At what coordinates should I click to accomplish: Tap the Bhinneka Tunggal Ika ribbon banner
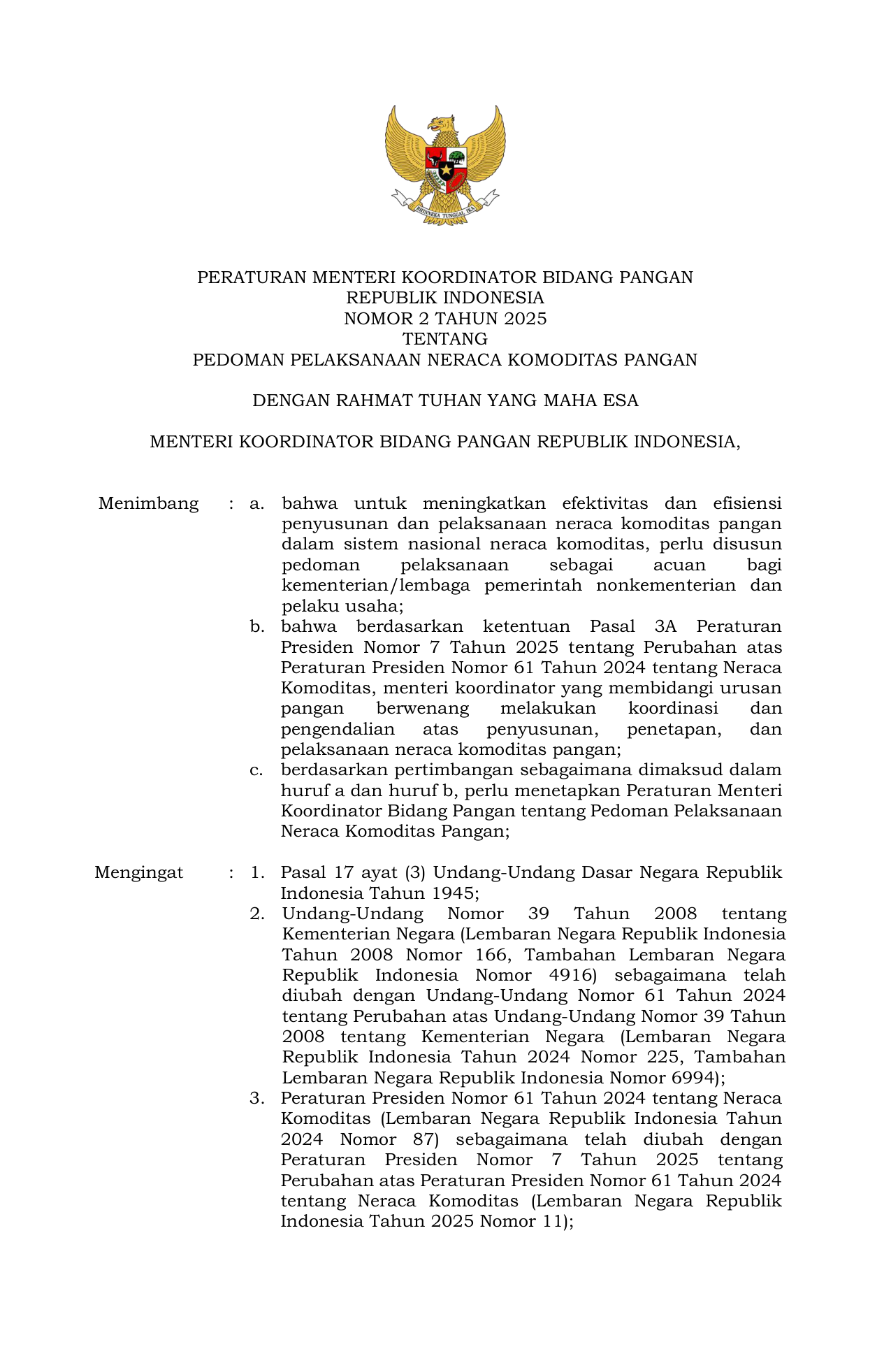[445, 210]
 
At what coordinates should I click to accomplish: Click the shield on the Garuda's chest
[446, 169]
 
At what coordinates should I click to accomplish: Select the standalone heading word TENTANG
[445, 340]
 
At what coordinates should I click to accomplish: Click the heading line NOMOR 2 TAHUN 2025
[445, 319]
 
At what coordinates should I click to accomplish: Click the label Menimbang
[148, 504]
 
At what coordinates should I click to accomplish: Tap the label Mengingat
[139, 873]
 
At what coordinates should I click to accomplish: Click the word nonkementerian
[666, 586]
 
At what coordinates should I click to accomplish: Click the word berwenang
[422, 709]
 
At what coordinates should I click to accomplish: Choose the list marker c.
[256, 770]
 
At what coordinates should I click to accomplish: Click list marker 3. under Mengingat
[257, 1099]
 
